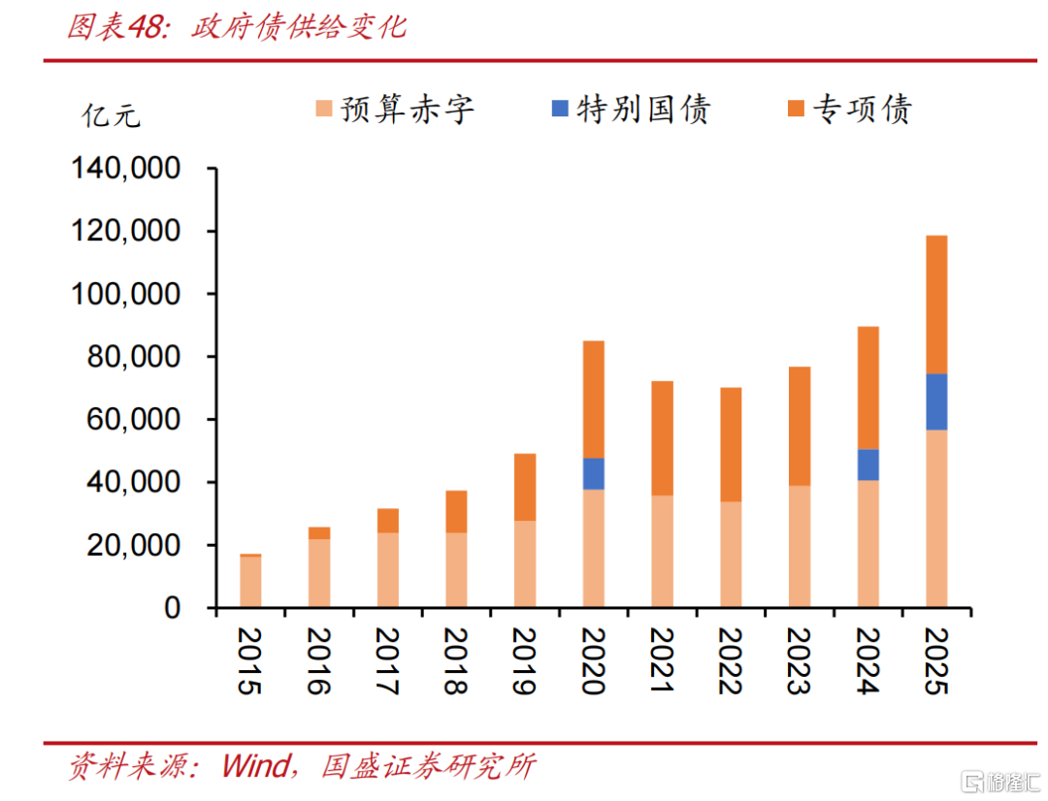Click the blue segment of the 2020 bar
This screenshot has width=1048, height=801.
coord(593,473)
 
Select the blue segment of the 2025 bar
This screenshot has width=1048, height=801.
coord(936,401)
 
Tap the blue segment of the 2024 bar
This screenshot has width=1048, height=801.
coord(868,465)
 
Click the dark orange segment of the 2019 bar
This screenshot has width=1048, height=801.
coord(524,487)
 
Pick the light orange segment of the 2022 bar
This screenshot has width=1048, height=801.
coord(731,554)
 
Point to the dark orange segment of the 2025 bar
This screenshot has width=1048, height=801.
coord(936,304)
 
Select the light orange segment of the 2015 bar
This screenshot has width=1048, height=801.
coord(250,582)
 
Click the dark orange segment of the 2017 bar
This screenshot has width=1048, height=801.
coord(387,521)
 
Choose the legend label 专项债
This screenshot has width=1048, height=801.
coord(862,110)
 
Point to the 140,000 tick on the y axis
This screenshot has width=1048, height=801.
coord(126,169)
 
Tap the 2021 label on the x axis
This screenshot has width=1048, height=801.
coord(662,661)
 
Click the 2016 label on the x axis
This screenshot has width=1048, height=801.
coord(318,661)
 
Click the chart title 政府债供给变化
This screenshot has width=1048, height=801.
coord(298,27)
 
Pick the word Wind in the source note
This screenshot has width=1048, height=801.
coord(255,766)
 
